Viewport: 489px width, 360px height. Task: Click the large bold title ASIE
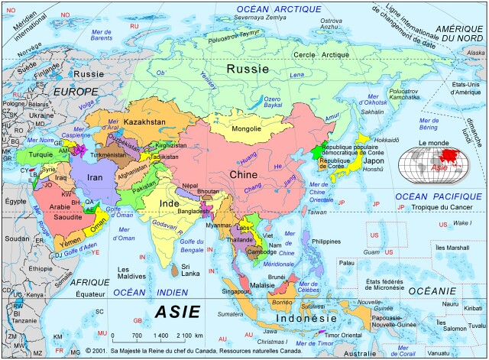(177, 312)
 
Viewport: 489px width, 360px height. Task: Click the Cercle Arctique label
(318, 55)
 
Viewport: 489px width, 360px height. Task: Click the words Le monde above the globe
(432, 143)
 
